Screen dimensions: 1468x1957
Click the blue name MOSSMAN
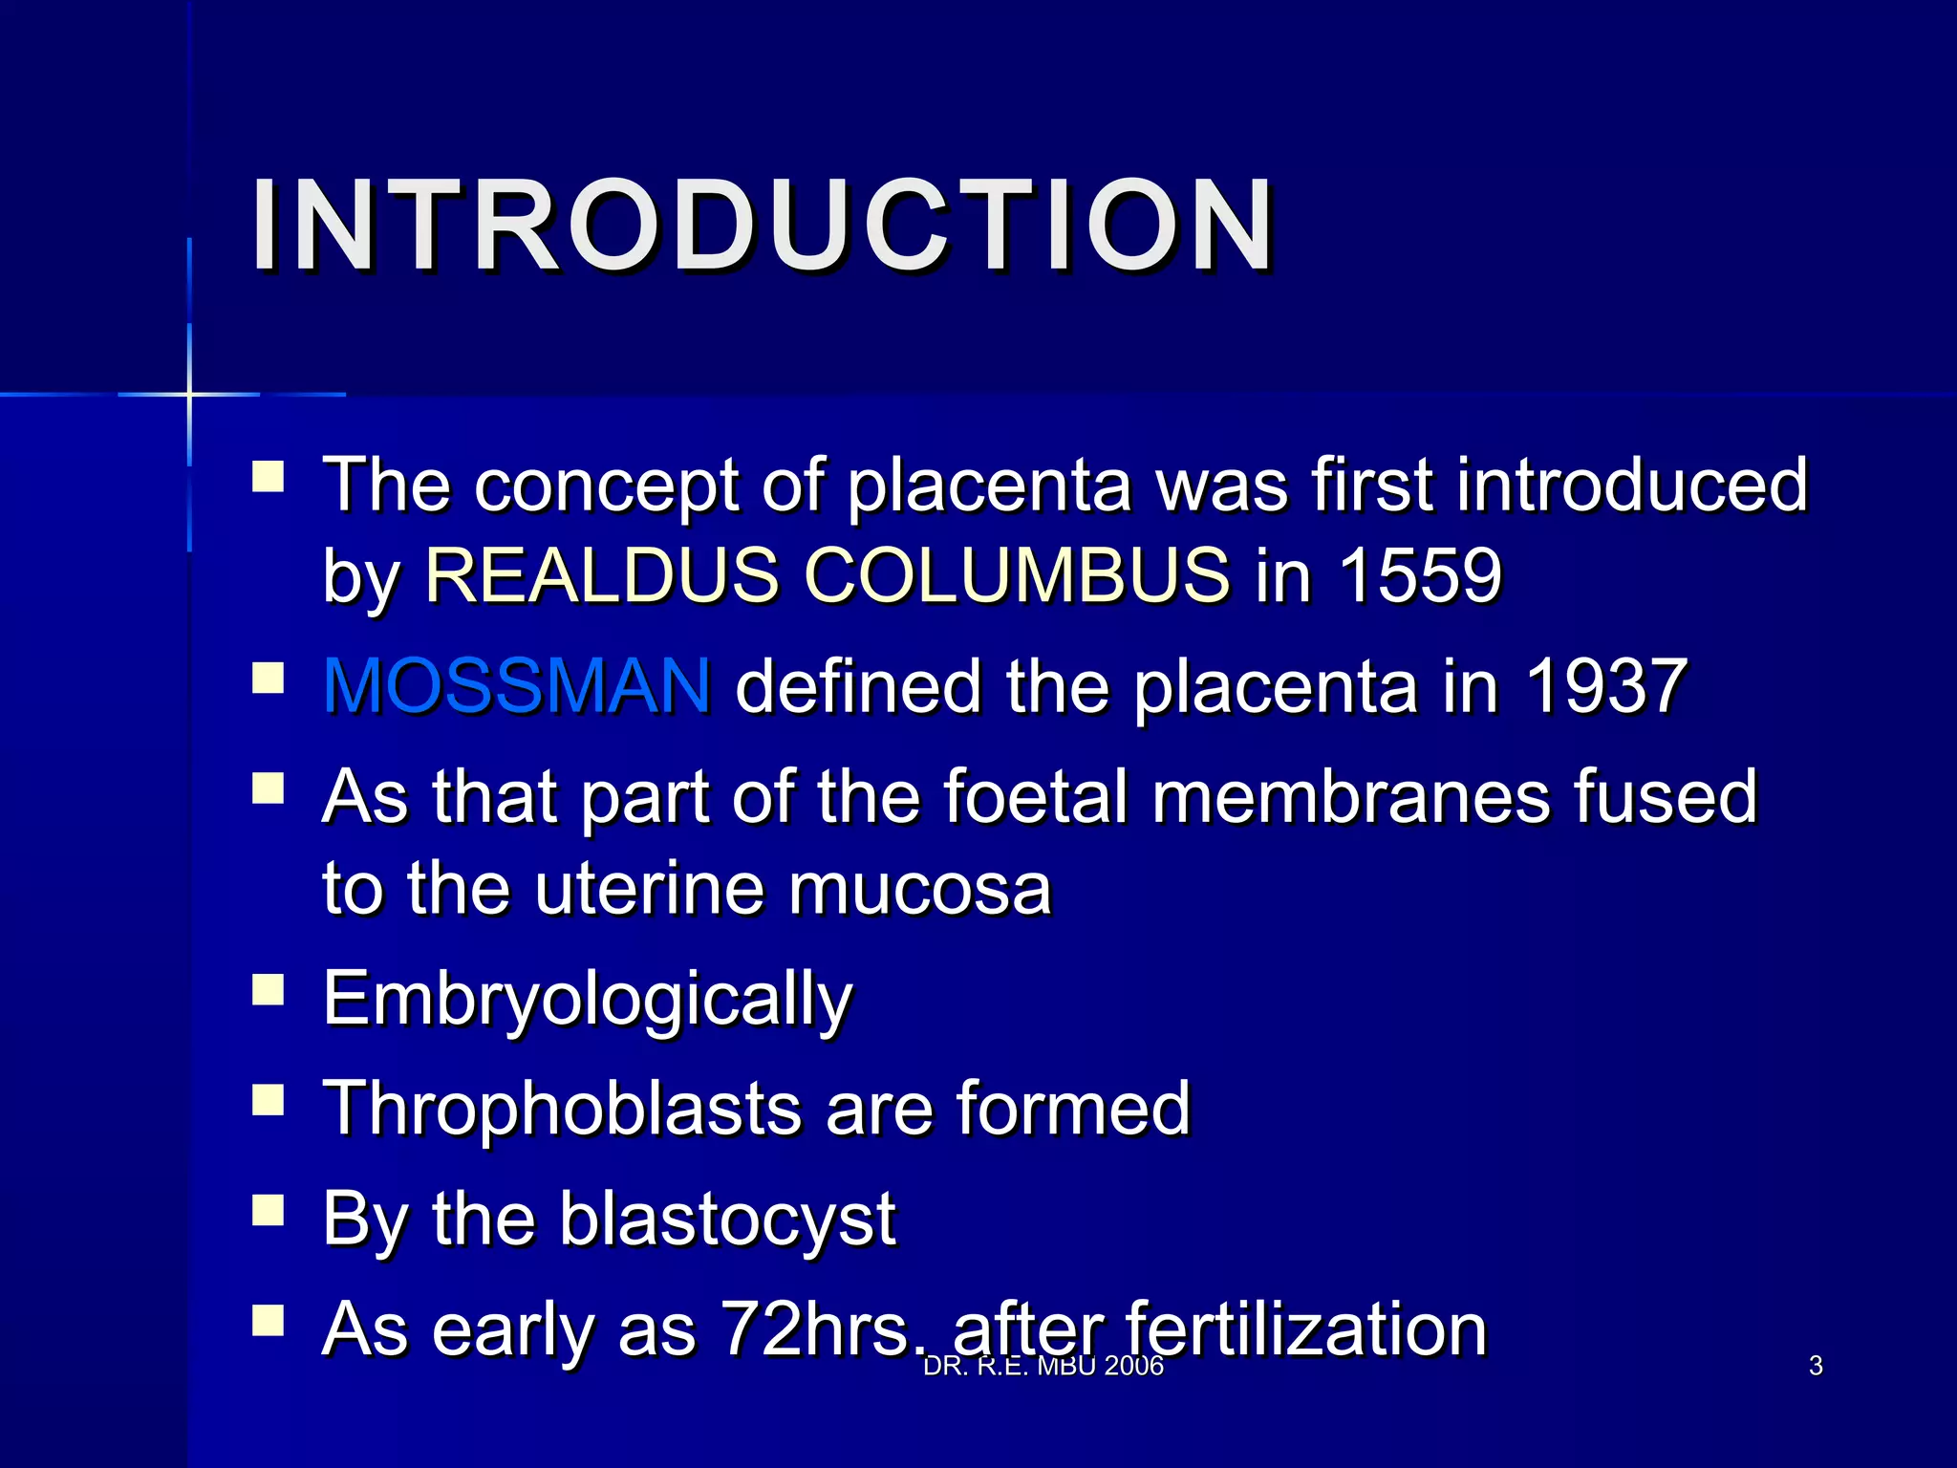coord(517,685)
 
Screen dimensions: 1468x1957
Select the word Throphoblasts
coord(563,1109)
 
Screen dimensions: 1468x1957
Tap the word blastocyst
coord(727,1219)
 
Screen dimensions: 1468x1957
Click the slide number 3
coord(1816,1366)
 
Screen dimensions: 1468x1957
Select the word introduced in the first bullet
coord(1632,485)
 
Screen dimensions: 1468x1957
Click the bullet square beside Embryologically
coord(269,991)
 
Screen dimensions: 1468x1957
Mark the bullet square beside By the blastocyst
coord(269,1211)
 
